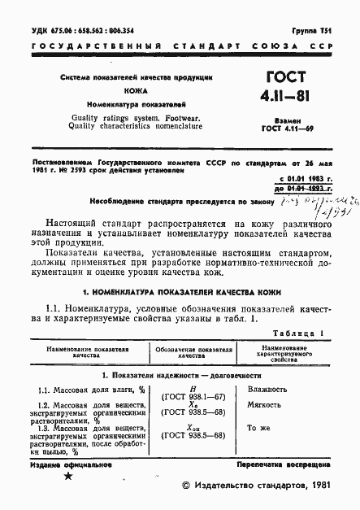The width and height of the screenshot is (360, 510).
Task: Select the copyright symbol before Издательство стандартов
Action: [x=185, y=486]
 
